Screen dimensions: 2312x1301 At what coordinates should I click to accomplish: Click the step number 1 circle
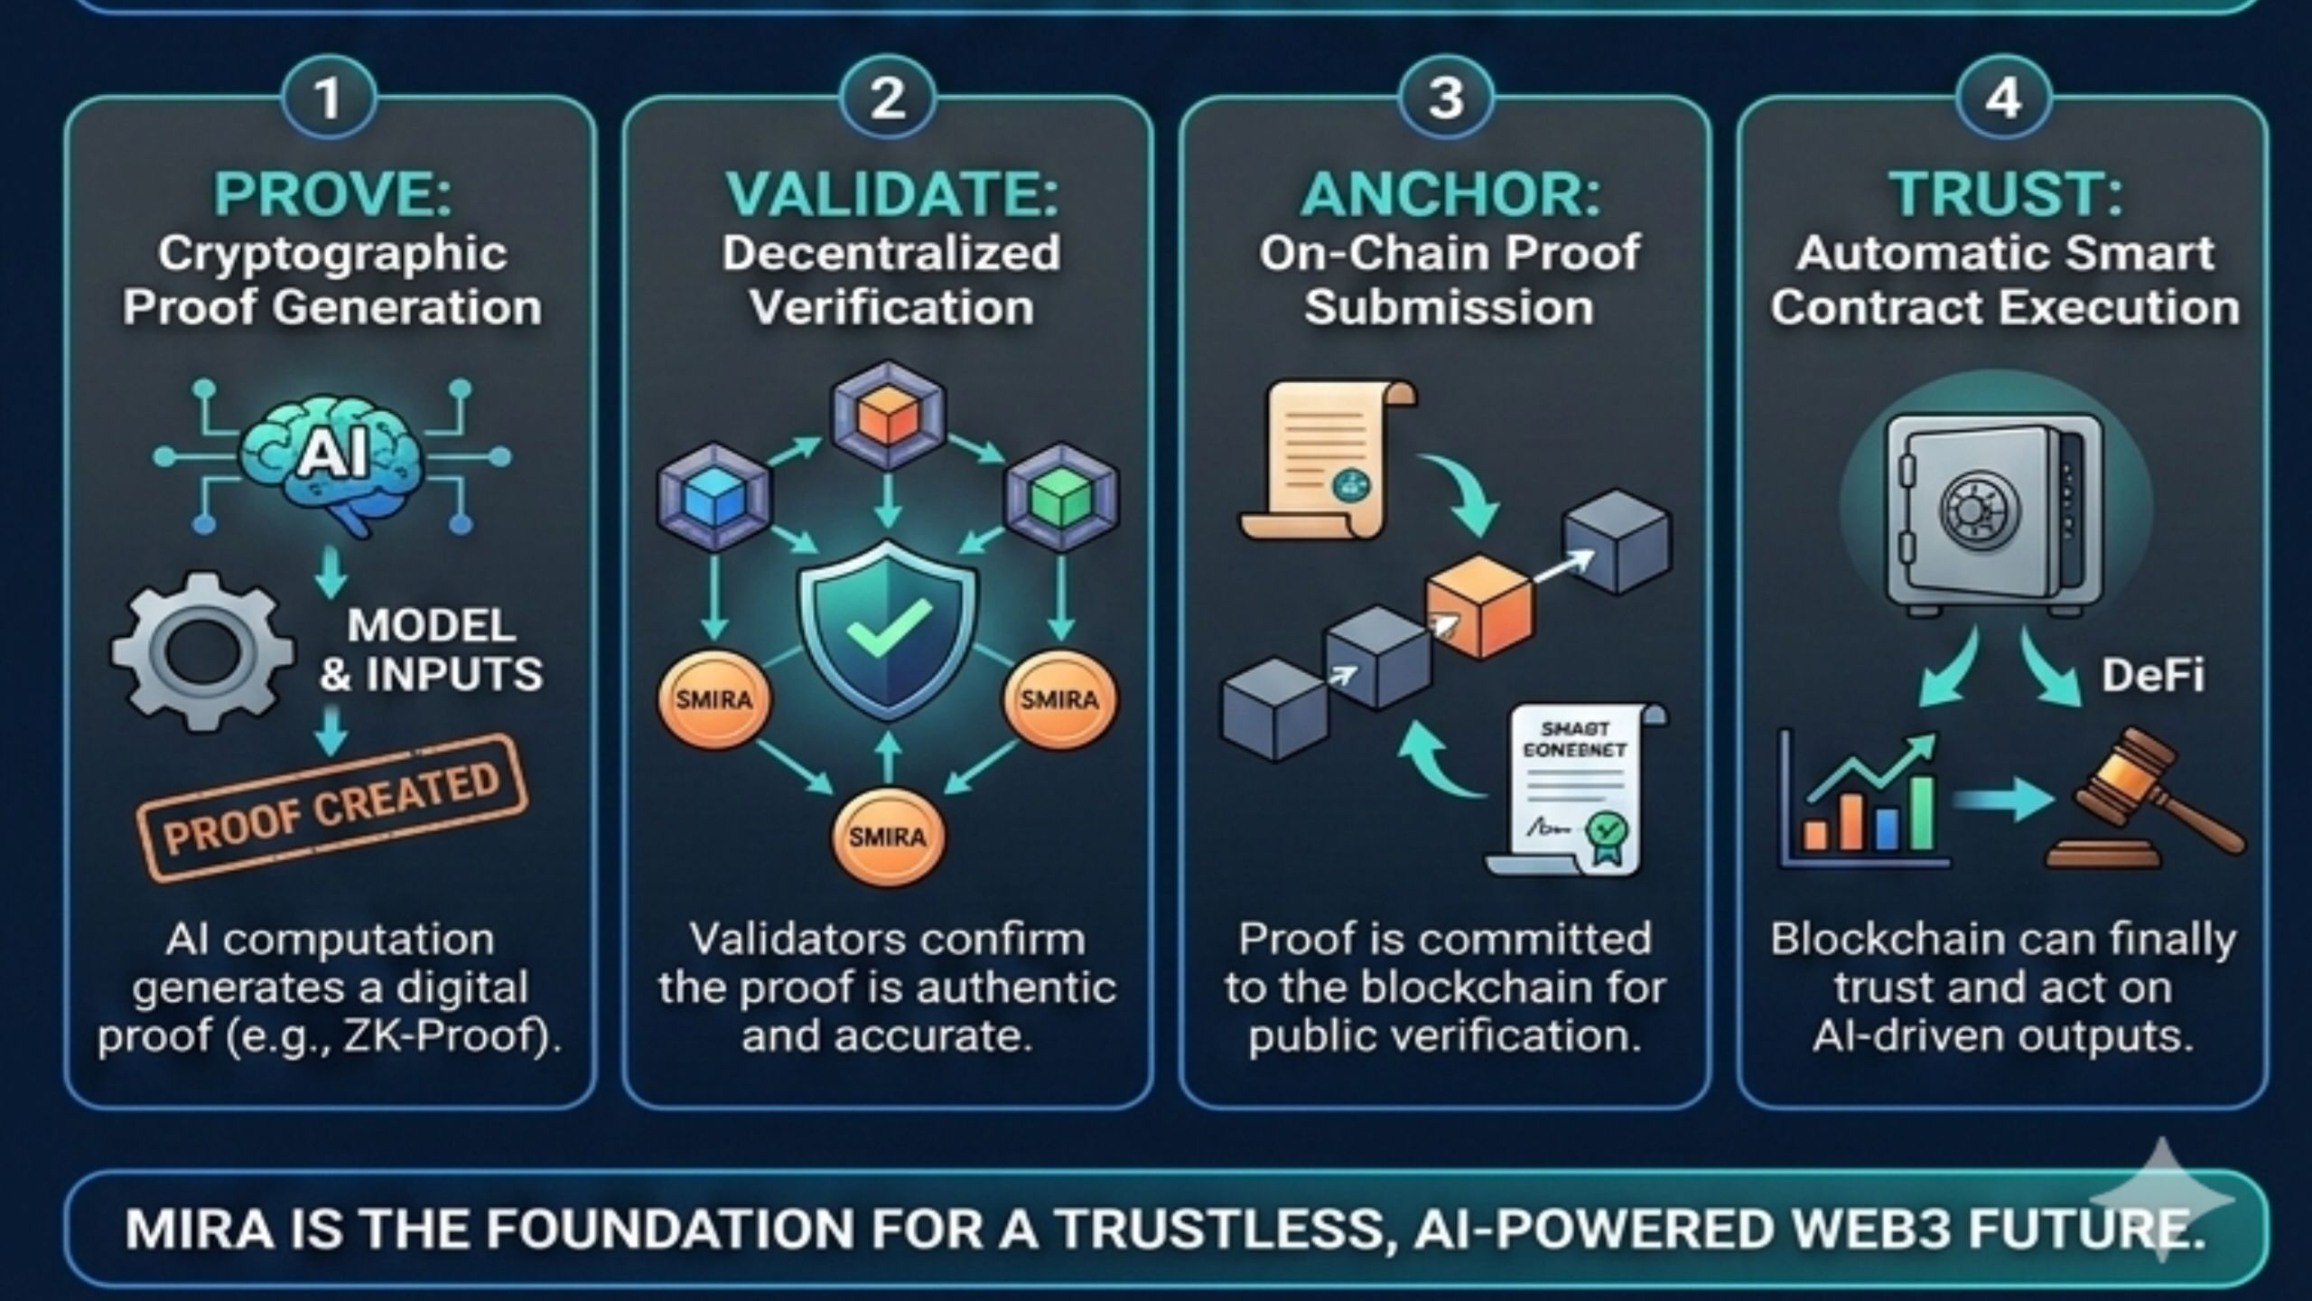click(x=329, y=98)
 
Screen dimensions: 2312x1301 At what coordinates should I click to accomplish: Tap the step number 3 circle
click(x=1445, y=98)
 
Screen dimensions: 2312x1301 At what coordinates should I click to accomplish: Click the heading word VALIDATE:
click(x=891, y=194)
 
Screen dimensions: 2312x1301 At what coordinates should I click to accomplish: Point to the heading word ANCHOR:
click(x=1449, y=194)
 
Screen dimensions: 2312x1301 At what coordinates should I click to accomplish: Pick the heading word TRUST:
click(x=2005, y=194)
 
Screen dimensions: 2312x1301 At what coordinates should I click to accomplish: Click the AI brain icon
click(x=332, y=456)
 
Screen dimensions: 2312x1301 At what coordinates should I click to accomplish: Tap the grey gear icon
click(x=204, y=650)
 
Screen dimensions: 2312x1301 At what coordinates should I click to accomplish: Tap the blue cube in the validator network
click(x=714, y=495)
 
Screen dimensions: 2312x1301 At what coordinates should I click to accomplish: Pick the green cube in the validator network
click(x=1062, y=495)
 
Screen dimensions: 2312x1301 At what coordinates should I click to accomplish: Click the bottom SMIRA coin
click(x=888, y=837)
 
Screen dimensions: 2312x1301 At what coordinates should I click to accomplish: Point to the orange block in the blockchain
click(x=1478, y=605)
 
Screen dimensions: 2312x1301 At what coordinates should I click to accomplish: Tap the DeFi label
click(x=2153, y=675)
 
